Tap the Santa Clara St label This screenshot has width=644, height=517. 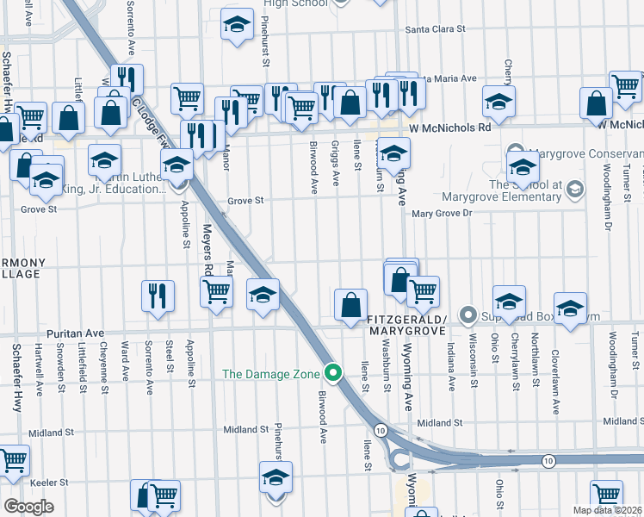pos(436,28)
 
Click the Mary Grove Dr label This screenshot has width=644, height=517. pos(443,212)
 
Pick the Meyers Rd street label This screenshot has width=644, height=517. pos(207,251)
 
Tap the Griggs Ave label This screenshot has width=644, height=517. pos(336,165)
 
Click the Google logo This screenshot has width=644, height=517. pos(28,506)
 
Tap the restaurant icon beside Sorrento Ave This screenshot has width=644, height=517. pos(158,296)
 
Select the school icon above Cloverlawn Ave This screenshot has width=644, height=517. pos(570,309)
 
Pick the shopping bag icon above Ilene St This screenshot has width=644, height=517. pos(350,304)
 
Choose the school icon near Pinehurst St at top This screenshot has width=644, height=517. pos(236,25)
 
